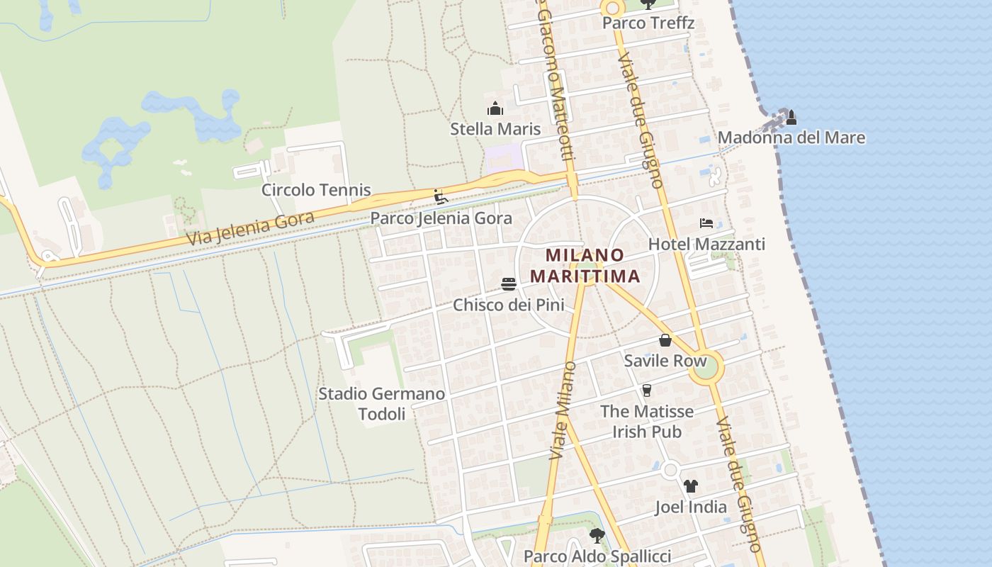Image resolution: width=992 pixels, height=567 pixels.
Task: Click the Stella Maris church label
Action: [x=495, y=129]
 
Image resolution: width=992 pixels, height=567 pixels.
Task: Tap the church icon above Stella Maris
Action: [x=495, y=108]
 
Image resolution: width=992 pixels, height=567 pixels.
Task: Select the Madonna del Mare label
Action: [x=791, y=137]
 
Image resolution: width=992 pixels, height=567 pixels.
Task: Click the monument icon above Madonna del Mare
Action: [x=791, y=117]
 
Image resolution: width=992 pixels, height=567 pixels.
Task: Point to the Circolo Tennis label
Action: [x=316, y=190]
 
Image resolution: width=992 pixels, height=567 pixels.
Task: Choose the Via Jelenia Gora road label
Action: [x=251, y=228]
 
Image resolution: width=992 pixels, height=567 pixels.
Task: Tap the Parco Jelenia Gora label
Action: [x=441, y=218]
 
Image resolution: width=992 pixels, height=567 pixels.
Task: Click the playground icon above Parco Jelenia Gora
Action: [x=441, y=196]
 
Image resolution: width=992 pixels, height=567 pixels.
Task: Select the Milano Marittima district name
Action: [x=585, y=265]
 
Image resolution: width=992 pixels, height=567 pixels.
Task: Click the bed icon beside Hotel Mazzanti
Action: [x=706, y=223]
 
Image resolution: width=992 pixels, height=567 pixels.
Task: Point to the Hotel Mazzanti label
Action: [x=706, y=244]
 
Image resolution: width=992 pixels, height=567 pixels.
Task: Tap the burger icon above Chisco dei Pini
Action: [x=509, y=284]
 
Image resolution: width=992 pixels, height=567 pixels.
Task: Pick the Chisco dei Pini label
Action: [x=509, y=305]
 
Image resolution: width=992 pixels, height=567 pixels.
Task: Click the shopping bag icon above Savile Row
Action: [x=665, y=340]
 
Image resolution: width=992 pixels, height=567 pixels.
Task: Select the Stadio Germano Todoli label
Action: [x=381, y=403]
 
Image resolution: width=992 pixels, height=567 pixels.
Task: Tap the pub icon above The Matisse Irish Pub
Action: [x=646, y=391]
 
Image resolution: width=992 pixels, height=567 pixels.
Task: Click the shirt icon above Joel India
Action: [x=691, y=486]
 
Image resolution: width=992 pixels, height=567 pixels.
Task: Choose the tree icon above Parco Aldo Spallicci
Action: [x=597, y=535]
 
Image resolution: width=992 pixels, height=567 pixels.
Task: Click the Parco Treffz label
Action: [x=648, y=23]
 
